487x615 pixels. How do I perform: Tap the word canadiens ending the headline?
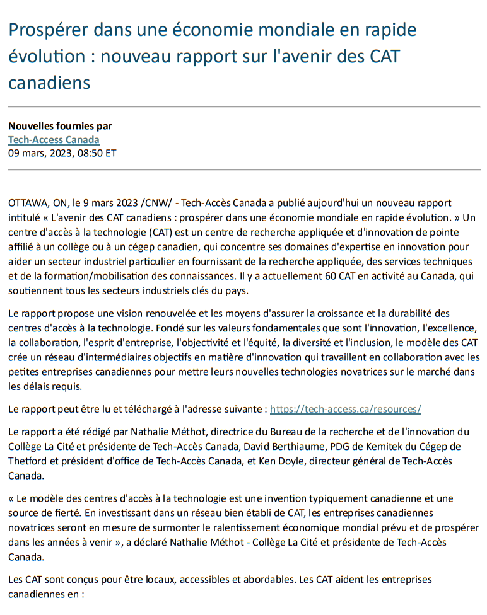click(x=49, y=82)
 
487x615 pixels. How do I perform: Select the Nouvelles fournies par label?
click(x=60, y=126)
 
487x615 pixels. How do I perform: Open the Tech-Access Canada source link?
click(x=54, y=139)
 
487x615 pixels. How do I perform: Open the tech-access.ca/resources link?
click(x=345, y=409)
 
